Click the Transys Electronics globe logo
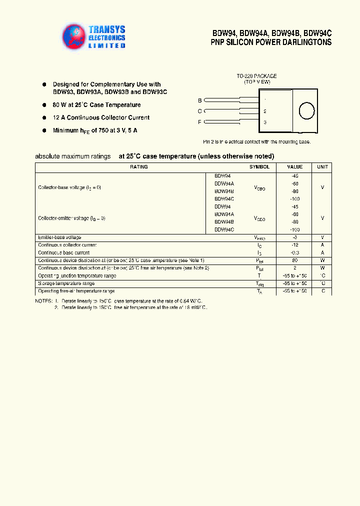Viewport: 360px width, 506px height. tap(74, 36)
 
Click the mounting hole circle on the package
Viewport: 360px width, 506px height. tap(306, 111)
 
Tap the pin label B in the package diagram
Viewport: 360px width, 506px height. tap(200, 100)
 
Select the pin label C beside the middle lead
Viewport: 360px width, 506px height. tap(200, 111)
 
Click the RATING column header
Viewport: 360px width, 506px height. tap(138, 167)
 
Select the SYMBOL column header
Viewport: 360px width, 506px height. tap(259, 167)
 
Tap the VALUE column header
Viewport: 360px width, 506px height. tap(294, 167)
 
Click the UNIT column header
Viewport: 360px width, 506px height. tap(322, 167)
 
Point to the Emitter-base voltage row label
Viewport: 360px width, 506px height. tap(59, 237)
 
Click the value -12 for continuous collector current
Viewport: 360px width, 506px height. tap(294, 245)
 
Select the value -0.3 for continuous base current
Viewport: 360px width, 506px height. tap(294, 252)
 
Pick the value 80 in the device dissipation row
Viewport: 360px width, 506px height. tap(294, 260)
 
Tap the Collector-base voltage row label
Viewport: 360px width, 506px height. tap(69, 187)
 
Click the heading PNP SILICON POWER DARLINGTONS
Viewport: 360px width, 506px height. tap(271, 42)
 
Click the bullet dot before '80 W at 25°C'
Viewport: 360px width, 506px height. tap(44, 105)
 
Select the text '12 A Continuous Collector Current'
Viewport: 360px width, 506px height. tap(101, 117)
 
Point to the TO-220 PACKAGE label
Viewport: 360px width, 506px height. tap(256, 76)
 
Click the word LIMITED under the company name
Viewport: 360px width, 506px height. tap(107, 45)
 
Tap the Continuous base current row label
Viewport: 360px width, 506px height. tap(64, 252)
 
